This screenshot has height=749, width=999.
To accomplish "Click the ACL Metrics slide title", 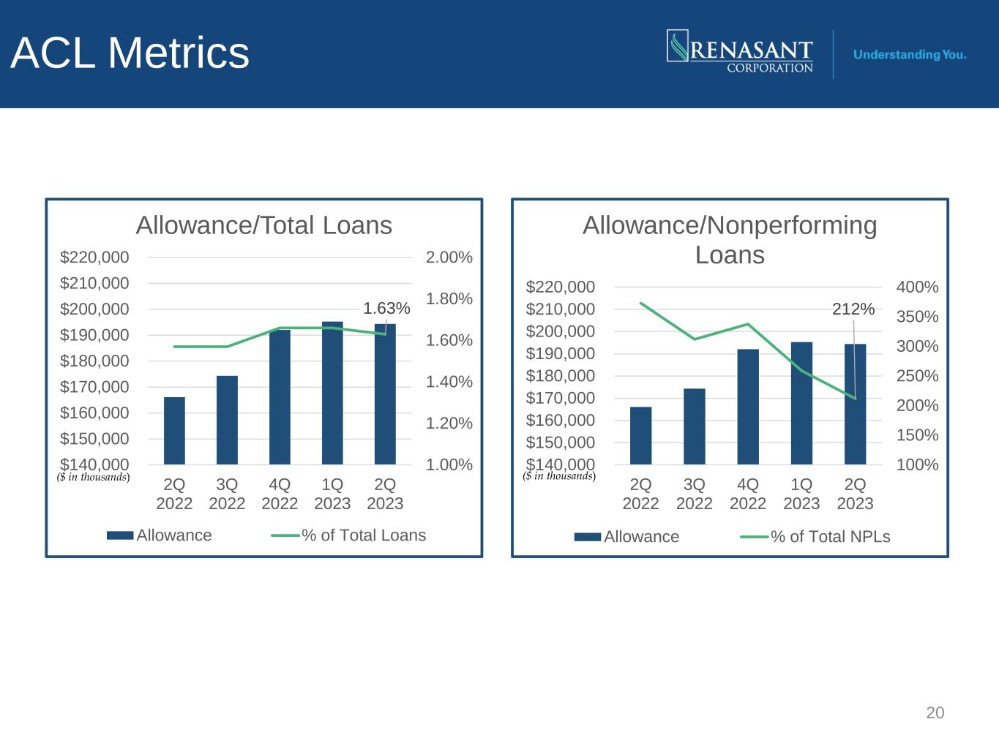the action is coord(130,53).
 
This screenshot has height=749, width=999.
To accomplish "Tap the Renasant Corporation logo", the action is coord(740,51).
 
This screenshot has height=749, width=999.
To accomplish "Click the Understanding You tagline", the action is coord(909,55).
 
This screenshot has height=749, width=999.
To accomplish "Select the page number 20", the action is coord(935,712).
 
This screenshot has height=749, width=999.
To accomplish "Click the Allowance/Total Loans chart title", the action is coord(264,225).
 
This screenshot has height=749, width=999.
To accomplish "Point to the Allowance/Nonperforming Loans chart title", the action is coord(730,240).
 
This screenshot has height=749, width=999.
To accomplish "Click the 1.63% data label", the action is coord(386,309).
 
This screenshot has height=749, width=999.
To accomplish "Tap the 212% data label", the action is coord(853,309).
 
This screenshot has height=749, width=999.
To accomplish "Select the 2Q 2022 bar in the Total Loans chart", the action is coord(174,431).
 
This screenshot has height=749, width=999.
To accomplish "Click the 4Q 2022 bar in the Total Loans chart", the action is coord(280,397).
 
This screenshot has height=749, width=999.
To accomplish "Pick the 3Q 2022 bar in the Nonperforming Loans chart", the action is coord(695,426).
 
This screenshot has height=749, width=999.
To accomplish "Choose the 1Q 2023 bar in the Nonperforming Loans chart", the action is coord(801,403).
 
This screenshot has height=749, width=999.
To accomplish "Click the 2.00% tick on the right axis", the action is coord(449,257).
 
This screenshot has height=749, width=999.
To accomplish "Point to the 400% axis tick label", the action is coord(918,287).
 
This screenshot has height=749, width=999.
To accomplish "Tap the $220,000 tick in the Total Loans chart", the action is coord(94,257).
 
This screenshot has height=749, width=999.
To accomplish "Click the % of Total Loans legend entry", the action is coord(348,535).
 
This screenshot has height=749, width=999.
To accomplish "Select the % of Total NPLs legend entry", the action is coord(815,537).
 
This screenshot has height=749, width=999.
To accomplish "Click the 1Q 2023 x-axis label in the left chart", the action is coord(332,494).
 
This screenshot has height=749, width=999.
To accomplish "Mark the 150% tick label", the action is coord(918,435).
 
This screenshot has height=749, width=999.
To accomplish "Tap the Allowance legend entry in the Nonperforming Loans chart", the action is coord(626,537).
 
